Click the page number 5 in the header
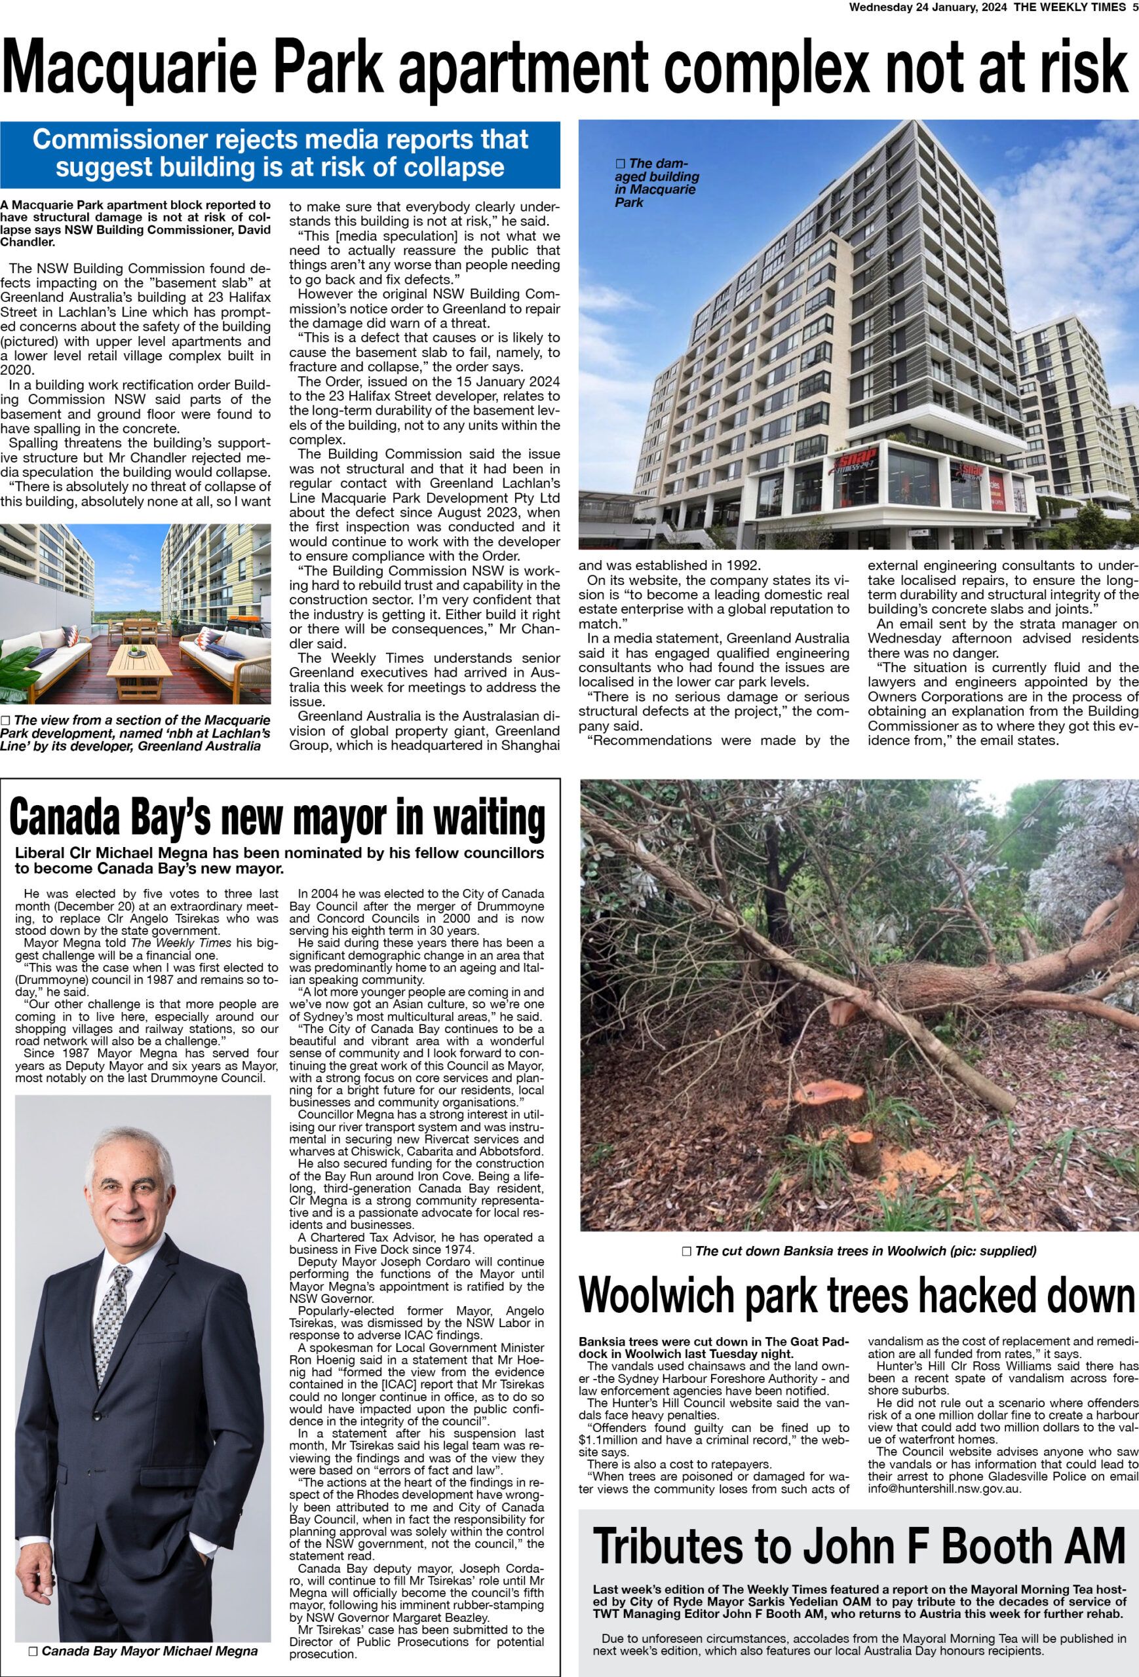(1134, 7)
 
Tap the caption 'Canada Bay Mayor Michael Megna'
(143, 1650)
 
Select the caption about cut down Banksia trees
(859, 1251)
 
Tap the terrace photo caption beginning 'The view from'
(136, 732)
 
